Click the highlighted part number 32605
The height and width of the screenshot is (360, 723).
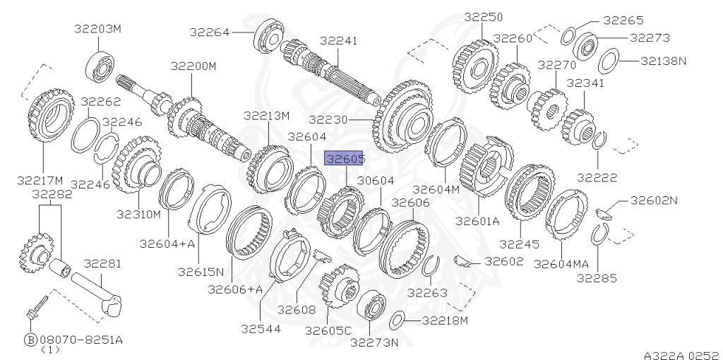(x=344, y=158)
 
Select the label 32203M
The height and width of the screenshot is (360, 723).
(x=97, y=28)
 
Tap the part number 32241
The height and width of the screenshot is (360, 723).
(x=338, y=40)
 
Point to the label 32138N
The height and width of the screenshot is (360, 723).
(x=663, y=61)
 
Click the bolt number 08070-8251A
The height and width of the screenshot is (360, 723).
(x=80, y=340)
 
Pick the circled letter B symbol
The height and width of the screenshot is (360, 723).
(x=30, y=340)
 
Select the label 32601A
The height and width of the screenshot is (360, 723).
(x=477, y=221)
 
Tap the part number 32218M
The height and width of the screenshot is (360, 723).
(x=445, y=320)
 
